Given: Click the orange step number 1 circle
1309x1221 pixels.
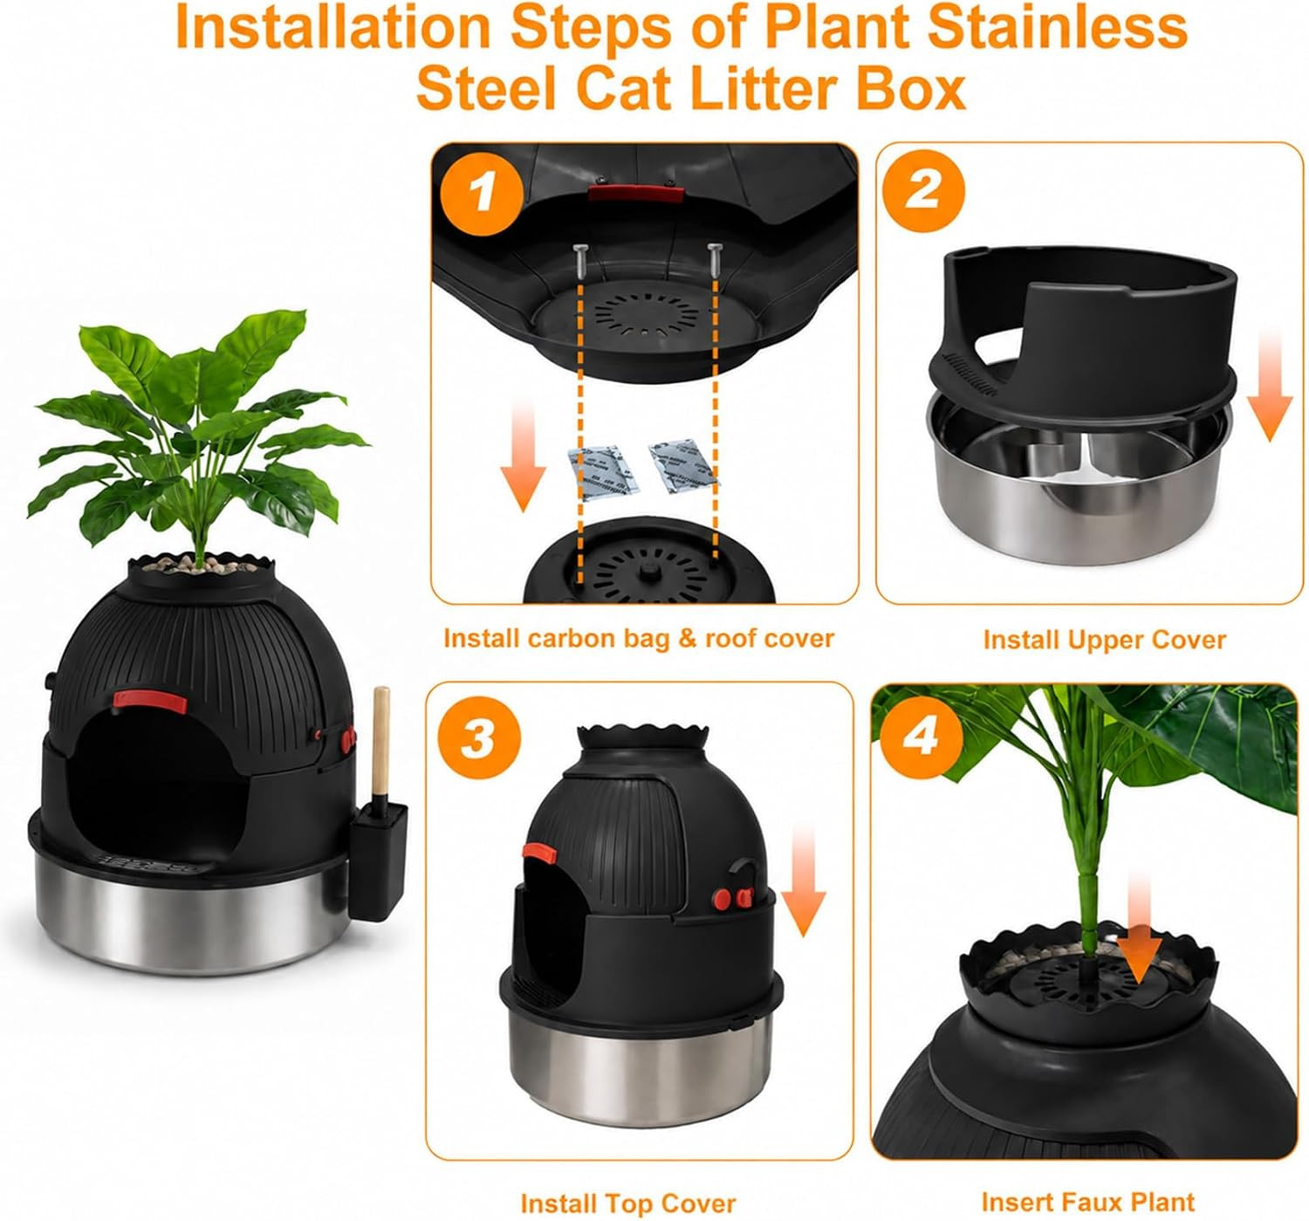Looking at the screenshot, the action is pos(483,194).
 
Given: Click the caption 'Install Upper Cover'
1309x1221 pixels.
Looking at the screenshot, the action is pos(1104,640).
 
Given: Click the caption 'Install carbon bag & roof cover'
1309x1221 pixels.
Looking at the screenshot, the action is pos(639,638).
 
